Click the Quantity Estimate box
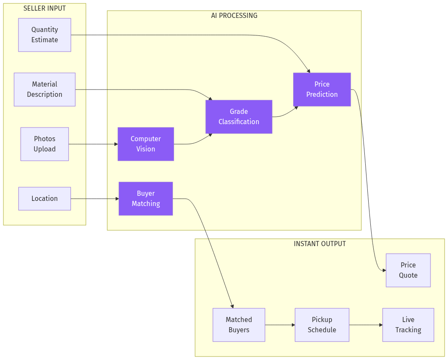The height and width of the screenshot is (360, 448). click(x=44, y=35)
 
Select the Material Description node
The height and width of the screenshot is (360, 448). click(x=44, y=90)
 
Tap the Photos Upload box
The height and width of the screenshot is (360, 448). click(x=44, y=144)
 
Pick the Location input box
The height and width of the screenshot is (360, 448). click(x=44, y=199)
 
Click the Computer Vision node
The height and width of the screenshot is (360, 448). click(x=145, y=144)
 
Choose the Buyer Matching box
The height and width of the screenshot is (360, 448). click(x=145, y=199)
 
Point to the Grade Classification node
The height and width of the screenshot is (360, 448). click(x=239, y=117)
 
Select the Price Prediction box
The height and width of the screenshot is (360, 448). click(x=322, y=90)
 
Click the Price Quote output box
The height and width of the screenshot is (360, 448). click(x=408, y=270)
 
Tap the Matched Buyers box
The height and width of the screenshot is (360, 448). click(x=239, y=325)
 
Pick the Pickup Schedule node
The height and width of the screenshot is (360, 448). click(x=322, y=325)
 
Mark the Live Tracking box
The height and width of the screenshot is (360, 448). click(x=408, y=325)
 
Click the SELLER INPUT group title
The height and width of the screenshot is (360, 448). click(x=44, y=9)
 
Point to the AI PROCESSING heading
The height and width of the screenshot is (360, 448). click(x=234, y=16)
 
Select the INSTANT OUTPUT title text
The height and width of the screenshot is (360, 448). click(x=320, y=244)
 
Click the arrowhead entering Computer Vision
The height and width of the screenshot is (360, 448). click(x=116, y=144)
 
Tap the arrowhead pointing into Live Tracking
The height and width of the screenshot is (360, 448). click(x=381, y=325)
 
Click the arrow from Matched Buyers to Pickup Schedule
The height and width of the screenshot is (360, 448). click(x=279, y=325)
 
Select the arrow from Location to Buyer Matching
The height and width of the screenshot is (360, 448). click(x=94, y=199)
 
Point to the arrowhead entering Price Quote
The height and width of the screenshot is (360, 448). click(x=384, y=270)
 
